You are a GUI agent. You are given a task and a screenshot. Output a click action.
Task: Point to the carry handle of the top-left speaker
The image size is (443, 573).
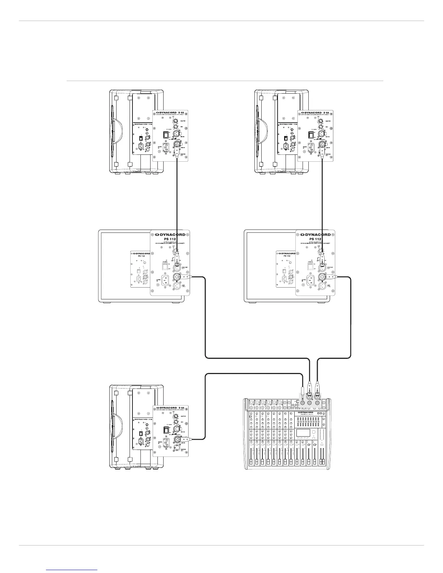pyautogui.click(x=113, y=132)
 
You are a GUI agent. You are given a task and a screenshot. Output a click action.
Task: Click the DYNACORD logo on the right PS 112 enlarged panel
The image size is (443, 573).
pyautogui.click(x=315, y=234)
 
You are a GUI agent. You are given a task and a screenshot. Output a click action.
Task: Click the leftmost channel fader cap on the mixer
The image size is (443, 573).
pyautogui.click(x=251, y=462)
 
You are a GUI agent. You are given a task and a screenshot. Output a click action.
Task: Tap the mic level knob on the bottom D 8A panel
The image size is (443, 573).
pyautogui.click(x=176, y=420)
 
